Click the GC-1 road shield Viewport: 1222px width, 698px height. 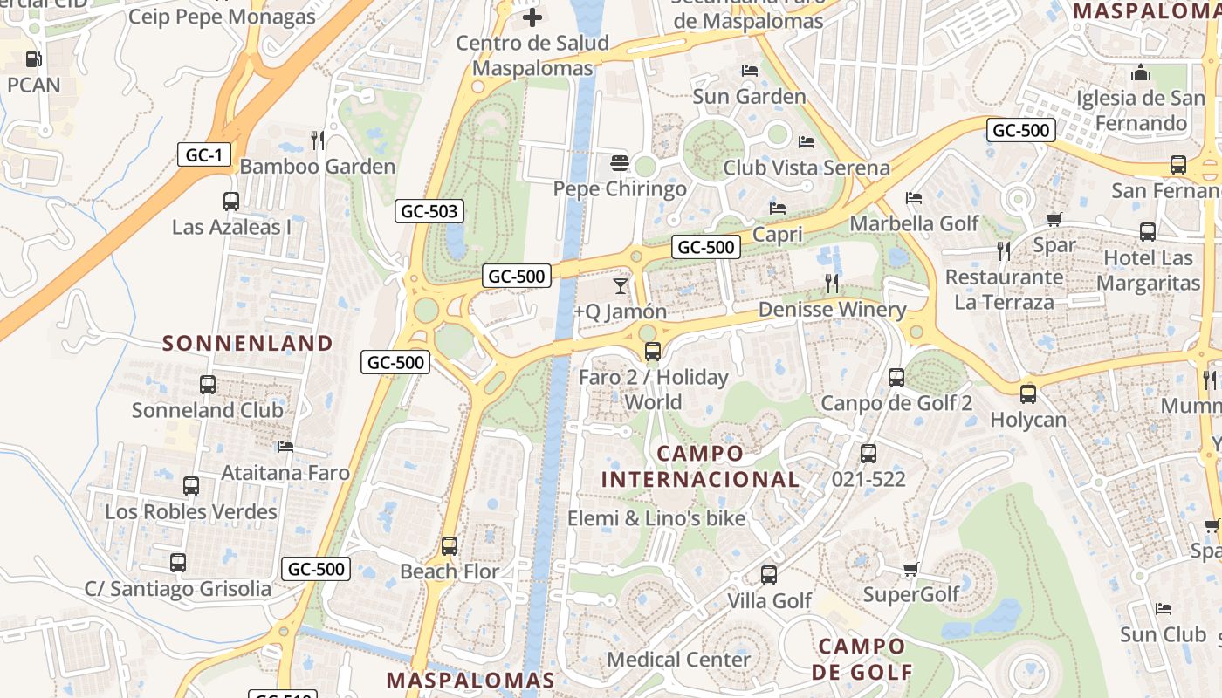click(204, 155)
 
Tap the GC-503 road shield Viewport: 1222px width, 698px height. click(429, 211)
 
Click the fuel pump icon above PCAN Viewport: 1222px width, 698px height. click(33, 59)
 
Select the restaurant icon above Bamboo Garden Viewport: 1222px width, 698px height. click(318, 140)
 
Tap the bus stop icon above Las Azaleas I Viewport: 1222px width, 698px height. click(231, 202)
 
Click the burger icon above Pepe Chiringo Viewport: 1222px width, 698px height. click(620, 163)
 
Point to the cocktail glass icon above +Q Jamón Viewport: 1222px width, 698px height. click(621, 285)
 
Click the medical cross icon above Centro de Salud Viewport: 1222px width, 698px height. click(532, 17)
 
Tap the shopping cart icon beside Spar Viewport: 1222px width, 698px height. click(1054, 219)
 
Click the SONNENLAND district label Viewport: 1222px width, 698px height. click(248, 343)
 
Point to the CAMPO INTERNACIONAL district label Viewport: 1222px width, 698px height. click(700, 466)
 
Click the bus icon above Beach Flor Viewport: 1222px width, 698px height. click(450, 546)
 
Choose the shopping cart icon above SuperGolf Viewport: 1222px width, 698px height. click(910, 570)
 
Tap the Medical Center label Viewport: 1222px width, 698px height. click(679, 659)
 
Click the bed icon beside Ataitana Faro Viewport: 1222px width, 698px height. click(285, 447)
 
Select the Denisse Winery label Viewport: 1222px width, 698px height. click(832, 310)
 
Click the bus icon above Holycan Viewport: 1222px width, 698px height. click(1028, 393)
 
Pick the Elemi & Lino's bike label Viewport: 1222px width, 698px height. click(656, 518)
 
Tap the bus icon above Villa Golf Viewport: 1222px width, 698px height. click(769, 575)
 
